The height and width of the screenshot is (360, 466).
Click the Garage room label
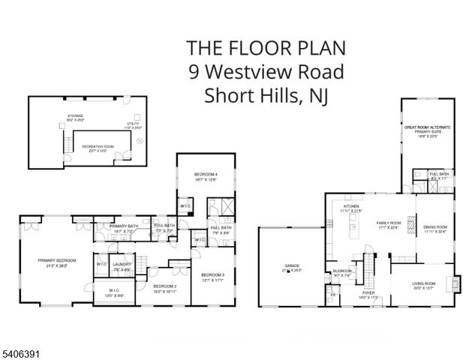[x=292, y=265]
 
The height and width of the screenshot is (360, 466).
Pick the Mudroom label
[x=341, y=272]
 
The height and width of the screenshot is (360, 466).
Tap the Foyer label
[x=368, y=295]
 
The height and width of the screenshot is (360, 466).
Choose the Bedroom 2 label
[x=165, y=286]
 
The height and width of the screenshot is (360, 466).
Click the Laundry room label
[x=122, y=264]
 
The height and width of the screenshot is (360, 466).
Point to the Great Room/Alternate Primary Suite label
[x=427, y=128]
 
